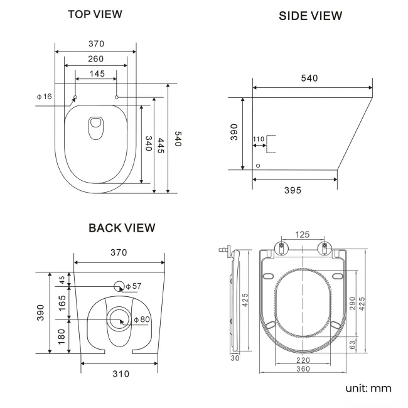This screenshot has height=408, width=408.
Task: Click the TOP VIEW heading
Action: (x=95, y=14)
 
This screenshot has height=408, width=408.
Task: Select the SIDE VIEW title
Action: (x=311, y=16)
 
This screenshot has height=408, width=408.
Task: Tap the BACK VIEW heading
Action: (x=122, y=228)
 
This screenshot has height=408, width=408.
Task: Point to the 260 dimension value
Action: (x=96, y=59)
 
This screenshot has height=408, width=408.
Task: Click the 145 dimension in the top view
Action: (x=96, y=74)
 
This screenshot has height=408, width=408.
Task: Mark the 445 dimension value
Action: (x=161, y=146)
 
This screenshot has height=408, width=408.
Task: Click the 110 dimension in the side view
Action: (x=258, y=139)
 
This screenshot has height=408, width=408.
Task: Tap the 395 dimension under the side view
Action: (x=292, y=190)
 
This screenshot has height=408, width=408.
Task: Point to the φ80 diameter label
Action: (x=142, y=320)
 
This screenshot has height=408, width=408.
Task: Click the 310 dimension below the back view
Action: (x=121, y=374)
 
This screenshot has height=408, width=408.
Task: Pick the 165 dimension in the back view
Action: (x=62, y=303)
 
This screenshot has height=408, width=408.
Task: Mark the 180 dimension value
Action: (x=62, y=336)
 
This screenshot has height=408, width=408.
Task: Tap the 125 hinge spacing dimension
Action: (x=303, y=235)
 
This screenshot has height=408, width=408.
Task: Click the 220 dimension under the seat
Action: (x=303, y=360)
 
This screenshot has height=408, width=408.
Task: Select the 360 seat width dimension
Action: (x=303, y=369)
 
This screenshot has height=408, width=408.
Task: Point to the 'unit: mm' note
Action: (x=368, y=388)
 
